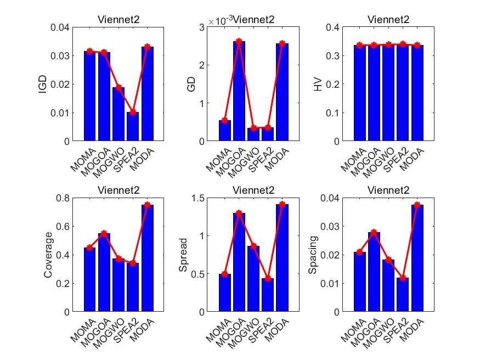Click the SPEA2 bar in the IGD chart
coord(133,127)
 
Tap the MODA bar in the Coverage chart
coord(147,258)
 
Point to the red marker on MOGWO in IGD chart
coord(118,87)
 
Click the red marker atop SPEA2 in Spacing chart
coord(403,278)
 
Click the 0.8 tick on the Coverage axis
coord(64,198)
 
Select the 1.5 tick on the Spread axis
coord(199,198)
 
